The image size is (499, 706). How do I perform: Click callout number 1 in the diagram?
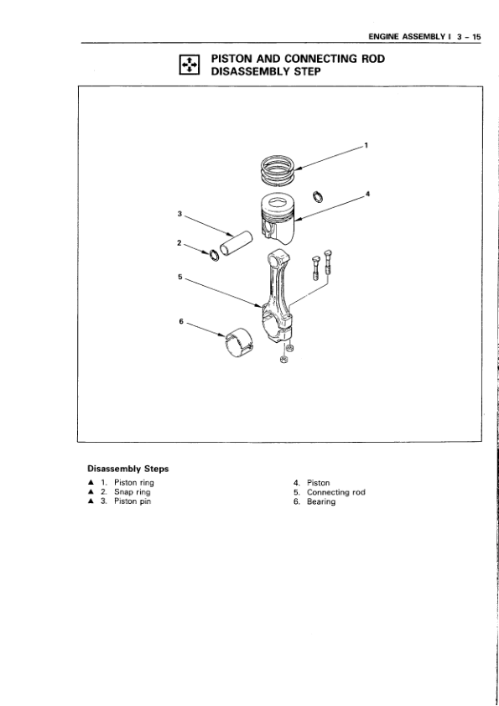(366, 145)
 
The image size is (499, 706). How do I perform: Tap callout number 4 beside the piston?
(367, 194)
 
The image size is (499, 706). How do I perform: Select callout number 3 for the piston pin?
(179, 214)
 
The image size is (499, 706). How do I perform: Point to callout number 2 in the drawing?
(179, 243)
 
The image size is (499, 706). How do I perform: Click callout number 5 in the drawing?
(179, 277)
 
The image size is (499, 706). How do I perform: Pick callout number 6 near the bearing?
(181, 321)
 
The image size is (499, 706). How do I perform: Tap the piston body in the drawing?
(279, 218)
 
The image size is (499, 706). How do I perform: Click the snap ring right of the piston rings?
(318, 197)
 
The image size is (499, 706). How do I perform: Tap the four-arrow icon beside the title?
(189, 65)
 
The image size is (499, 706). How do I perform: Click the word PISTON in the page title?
(235, 59)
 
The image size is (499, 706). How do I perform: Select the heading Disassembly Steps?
(128, 469)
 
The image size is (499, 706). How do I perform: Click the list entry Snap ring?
(132, 492)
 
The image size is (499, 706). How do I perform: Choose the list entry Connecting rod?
(336, 492)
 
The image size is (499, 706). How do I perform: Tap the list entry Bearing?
(321, 501)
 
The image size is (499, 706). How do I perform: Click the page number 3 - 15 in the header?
(468, 37)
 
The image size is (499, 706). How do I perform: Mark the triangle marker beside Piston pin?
(91, 501)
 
